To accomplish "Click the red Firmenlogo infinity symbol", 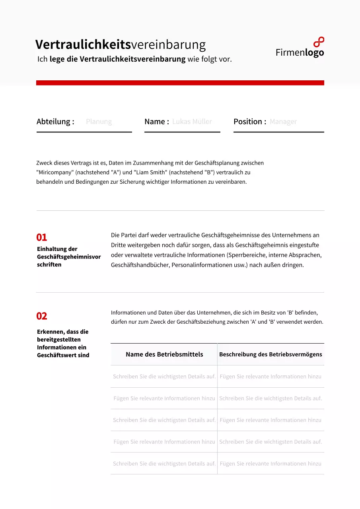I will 319,42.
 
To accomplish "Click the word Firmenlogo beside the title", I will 300,52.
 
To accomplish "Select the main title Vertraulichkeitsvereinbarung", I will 121,45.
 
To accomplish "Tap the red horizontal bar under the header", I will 180,83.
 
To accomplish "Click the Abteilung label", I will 55,122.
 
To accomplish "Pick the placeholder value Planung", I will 99,122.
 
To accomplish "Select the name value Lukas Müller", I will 192,122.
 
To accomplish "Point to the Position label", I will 250,122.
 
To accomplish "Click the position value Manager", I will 283,122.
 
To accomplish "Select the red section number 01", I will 41,237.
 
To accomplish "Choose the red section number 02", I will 41,316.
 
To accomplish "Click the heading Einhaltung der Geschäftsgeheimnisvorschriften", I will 68,257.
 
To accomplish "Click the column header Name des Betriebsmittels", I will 164,354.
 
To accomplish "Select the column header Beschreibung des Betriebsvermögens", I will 270,354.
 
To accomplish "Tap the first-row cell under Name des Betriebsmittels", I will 164,377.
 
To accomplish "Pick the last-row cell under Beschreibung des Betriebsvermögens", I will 270,464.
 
